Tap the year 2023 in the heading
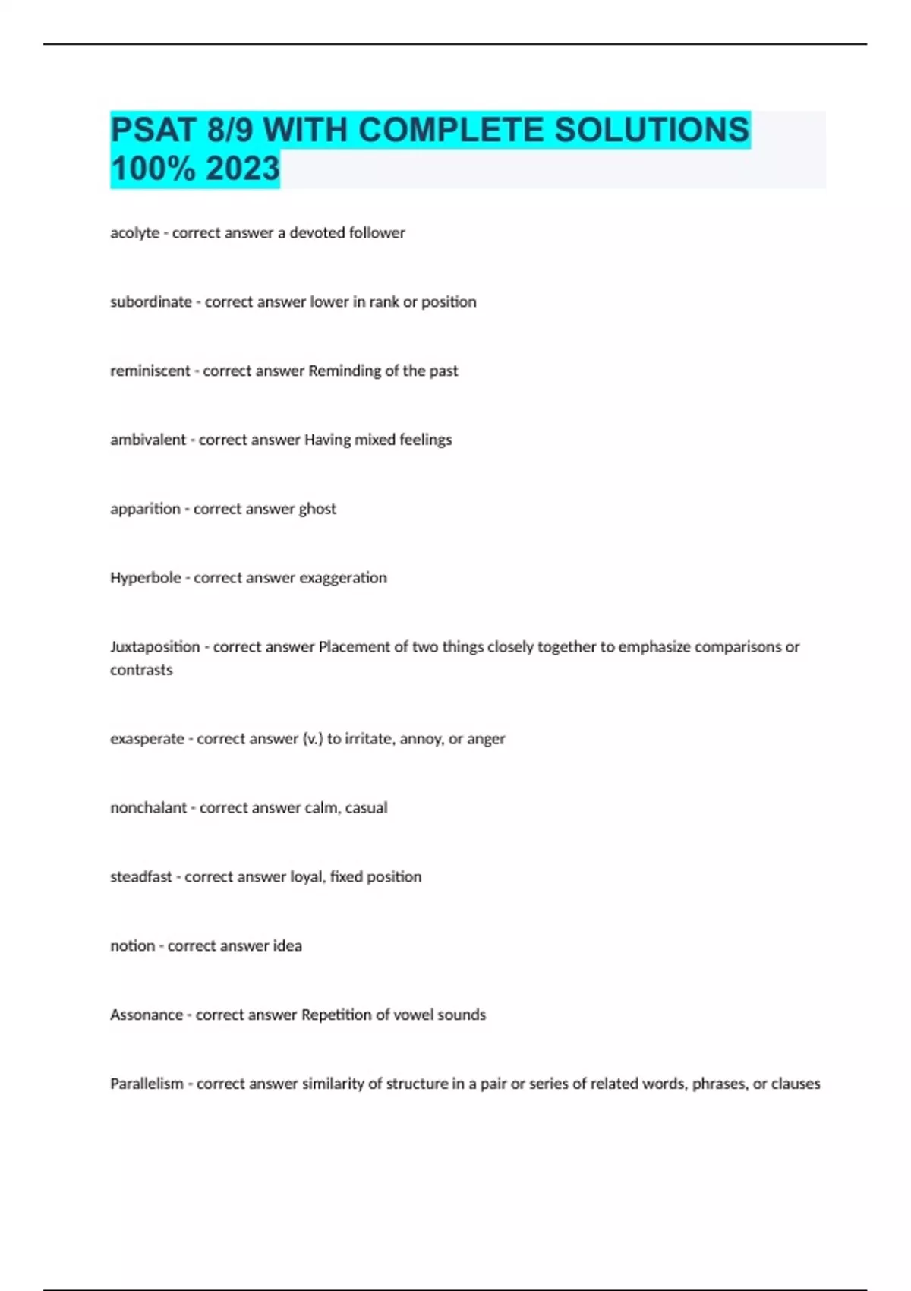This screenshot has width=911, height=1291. point(242,169)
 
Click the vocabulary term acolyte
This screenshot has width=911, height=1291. point(134,233)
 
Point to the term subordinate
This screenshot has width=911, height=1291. point(150,302)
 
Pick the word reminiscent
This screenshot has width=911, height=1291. point(150,371)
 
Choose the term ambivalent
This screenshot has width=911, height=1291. point(147,440)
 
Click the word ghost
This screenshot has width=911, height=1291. point(317,510)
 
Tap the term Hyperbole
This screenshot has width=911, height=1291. point(145,579)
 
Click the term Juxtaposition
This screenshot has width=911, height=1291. point(155,647)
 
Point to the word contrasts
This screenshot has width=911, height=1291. point(141,671)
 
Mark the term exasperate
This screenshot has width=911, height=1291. point(147,739)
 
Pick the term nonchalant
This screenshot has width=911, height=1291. point(148,808)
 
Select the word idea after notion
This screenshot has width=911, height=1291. point(288,946)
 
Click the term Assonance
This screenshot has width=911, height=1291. point(147,1015)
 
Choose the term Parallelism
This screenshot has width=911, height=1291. point(147,1084)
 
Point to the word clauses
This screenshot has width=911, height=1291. point(796,1084)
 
